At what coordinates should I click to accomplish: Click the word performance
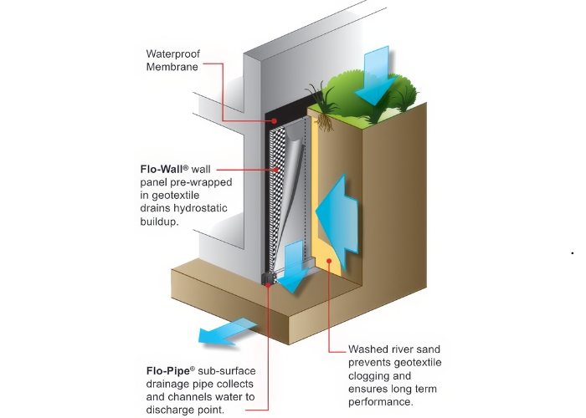[x=381, y=402]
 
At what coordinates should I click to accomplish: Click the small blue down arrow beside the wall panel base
[x=292, y=265]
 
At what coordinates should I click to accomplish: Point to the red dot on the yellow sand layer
[x=330, y=261]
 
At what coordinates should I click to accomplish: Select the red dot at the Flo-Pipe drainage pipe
[x=268, y=284]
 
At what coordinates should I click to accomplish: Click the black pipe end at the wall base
[x=269, y=277]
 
